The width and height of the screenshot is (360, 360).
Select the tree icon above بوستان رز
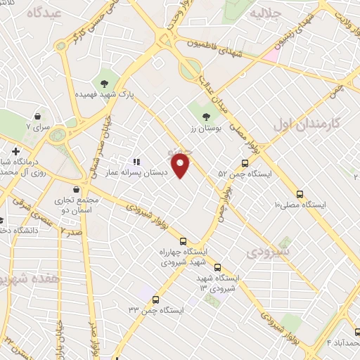click(x=205, y=117)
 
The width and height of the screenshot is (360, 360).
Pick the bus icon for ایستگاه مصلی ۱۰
click(x=300, y=194)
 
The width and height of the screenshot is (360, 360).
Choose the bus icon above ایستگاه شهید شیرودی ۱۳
click(x=217, y=267)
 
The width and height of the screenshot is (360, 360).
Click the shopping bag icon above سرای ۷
click(x=37, y=117)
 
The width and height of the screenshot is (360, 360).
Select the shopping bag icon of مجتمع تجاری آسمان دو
click(x=76, y=188)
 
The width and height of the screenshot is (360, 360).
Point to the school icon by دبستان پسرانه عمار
click(x=136, y=161)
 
